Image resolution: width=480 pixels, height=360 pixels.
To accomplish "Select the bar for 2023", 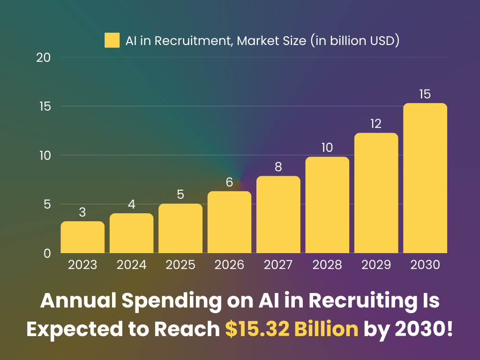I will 82,237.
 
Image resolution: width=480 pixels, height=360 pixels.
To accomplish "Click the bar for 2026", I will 229,222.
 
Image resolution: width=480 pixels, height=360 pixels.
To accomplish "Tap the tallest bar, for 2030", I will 425,178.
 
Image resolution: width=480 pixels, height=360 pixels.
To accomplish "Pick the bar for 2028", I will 327,205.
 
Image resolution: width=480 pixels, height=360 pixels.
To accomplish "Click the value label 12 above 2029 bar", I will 376,124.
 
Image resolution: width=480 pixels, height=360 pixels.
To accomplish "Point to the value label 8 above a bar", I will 278,167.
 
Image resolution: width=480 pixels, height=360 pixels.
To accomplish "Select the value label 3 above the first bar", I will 82,212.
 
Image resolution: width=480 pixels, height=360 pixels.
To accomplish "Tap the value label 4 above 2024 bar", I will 132,204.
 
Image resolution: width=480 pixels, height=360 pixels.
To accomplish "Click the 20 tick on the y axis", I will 43,58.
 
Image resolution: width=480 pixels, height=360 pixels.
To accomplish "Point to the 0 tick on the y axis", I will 47,253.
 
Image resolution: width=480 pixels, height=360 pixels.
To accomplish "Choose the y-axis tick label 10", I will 44,155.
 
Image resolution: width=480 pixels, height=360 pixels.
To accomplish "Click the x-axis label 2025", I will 180,265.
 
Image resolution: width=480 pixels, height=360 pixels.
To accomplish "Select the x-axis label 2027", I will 278,265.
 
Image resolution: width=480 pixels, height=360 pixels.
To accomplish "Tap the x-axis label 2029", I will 376,265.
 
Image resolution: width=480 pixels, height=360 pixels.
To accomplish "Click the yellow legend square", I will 112,40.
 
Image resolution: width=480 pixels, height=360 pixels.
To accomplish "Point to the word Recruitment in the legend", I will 194,41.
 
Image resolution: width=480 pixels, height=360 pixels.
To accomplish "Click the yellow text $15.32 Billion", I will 292,329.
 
